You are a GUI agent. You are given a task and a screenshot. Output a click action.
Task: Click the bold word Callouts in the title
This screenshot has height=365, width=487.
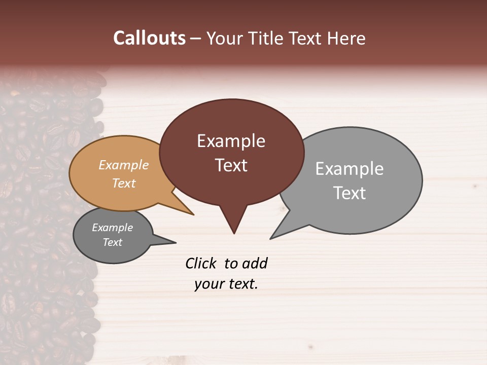coord(149,39)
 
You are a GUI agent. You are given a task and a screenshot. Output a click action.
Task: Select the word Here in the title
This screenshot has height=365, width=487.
coord(346,39)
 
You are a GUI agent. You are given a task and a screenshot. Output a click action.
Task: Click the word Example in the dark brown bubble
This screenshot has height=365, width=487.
coord(231,141)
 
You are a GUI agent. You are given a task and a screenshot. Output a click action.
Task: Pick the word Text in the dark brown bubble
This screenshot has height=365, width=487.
coord(231,165)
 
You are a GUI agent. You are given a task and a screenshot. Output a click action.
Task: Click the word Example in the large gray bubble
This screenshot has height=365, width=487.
coord(350,169)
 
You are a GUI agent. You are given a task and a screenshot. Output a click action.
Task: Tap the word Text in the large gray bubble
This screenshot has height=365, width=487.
coord(350,193)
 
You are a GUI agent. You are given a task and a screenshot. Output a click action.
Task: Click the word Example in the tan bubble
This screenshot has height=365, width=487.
coord(124,165)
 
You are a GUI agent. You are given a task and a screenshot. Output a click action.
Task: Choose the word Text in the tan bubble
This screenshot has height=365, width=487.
coord(124,183)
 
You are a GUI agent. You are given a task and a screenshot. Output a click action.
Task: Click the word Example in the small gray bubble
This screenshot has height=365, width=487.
coord(112,228)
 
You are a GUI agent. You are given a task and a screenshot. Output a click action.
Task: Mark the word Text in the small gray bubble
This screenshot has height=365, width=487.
coord(112,242)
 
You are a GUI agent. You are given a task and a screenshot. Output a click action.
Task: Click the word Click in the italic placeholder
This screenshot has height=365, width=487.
coord(201,264)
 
